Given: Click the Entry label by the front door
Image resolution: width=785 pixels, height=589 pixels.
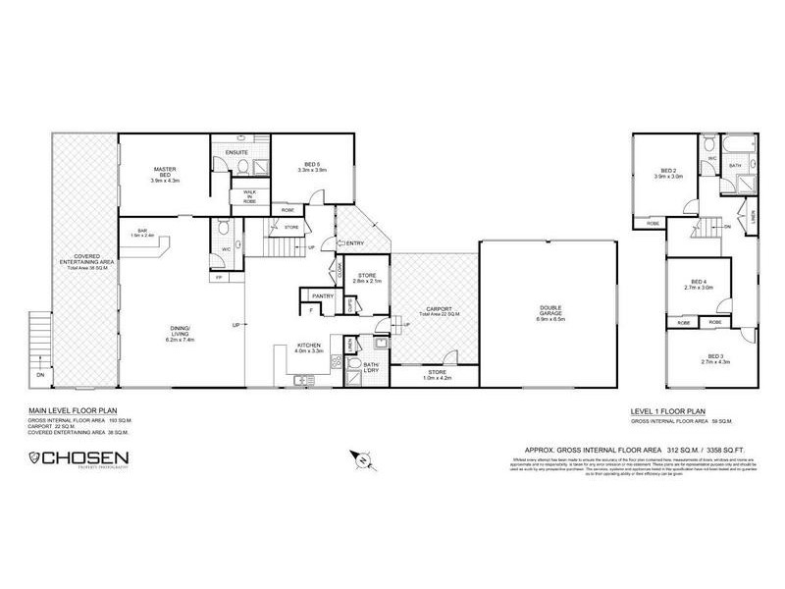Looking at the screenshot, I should (x=354, y=242).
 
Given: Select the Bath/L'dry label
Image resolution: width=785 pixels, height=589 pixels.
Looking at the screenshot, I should (x=371, y=367).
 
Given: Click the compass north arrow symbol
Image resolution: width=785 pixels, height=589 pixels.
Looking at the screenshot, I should (x=362, y=458).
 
